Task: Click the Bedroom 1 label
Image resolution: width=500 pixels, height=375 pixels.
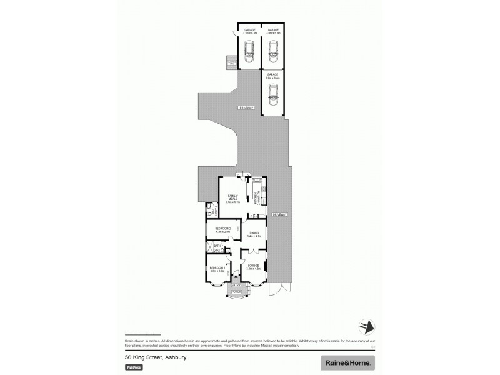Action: click(218, 270)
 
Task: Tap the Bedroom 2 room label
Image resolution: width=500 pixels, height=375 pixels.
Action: click(223, 230)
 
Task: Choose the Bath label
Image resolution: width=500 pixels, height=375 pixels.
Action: click(217, 246)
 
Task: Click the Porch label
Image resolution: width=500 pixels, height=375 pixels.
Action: click(236, 292)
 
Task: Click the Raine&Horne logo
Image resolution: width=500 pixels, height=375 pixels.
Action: click(348, 362)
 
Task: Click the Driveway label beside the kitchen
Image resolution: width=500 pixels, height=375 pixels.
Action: click(279, 215)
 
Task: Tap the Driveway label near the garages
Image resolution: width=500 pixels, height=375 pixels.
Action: click(246, 108)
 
